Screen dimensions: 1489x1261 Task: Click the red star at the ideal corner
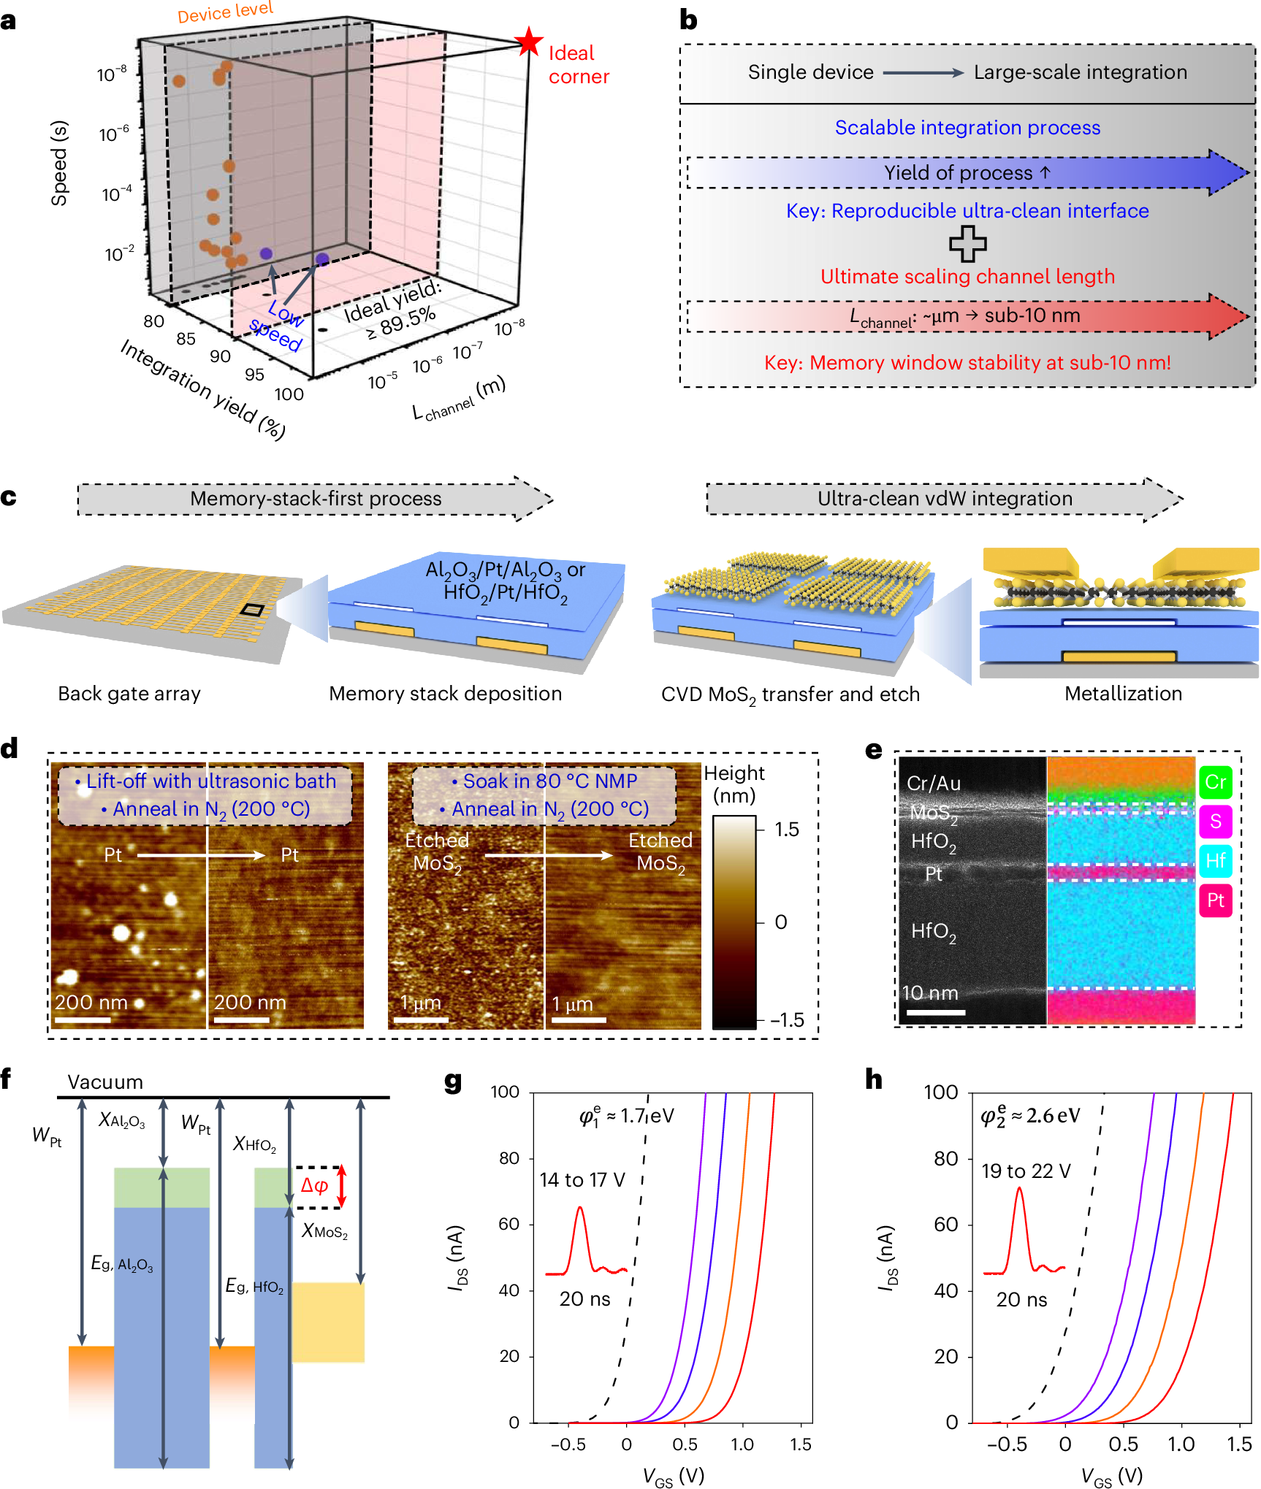tap(528, 42)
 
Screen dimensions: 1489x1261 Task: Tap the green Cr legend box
tap(1215, 782)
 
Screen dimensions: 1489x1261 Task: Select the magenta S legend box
tap(1215, 822)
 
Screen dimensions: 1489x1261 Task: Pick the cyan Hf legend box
tap(1215, 861)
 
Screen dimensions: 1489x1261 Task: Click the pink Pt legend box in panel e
tap(1215, 900)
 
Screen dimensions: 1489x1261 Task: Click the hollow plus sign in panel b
tap(967, 244)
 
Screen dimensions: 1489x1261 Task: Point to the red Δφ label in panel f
tap(315, 1185)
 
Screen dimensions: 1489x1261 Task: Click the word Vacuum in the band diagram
tap(105, 1082)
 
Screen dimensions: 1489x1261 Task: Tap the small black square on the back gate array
tap(252, 610)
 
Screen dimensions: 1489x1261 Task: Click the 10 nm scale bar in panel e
tap(935, 1012)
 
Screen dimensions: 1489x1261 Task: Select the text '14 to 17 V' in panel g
tap(582, 1180)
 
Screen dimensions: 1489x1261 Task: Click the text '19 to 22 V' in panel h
tap(1026, 1171)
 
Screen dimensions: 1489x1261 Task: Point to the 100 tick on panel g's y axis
tap(505, 1092)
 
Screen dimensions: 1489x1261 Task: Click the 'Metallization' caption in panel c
tap(1123, 694)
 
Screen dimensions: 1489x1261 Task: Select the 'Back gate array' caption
tap(129, 694)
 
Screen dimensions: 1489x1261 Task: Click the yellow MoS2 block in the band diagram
tap(328, 1322)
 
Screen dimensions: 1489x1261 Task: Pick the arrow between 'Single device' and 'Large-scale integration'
tap(923, 72)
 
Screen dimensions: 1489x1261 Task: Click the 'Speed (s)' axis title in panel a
tap(59, 163)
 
